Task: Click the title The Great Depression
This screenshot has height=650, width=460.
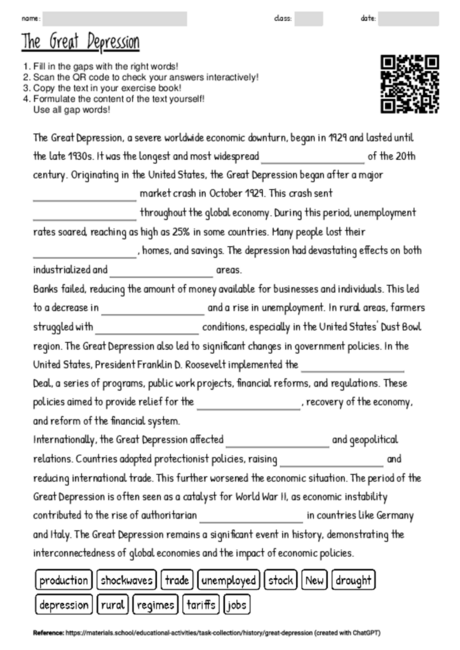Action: tap(80, 42)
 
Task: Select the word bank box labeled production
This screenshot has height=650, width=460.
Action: tap(64, 580)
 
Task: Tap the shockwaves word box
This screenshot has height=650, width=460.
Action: tap(126, 580)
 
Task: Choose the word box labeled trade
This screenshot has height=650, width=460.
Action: tap(177, 580)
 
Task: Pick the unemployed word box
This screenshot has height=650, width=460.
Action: tap(229, 580)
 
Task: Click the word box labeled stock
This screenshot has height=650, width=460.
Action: tap(282, 580)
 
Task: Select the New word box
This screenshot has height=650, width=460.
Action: tap(315, 580)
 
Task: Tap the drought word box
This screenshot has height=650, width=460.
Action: tap(355, 580)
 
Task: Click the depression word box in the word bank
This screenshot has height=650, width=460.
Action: tap(65, 604)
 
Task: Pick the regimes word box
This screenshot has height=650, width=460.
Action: tap(155, 604)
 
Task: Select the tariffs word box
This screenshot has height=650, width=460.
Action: tap(201, 604)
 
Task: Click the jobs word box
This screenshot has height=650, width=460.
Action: tap(238, 604)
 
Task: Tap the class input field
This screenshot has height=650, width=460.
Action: tap(308, 18)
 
